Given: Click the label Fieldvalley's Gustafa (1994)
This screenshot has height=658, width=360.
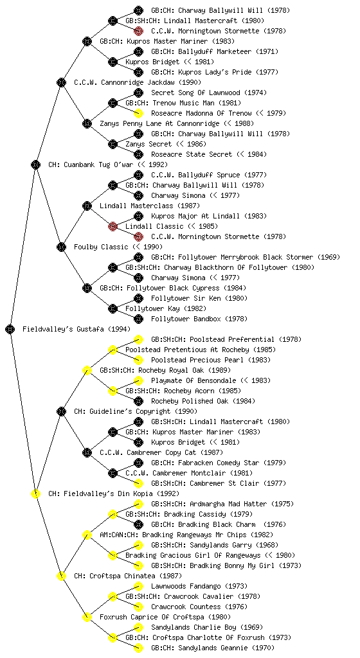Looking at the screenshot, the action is pyautogui.click(x=76, y=330).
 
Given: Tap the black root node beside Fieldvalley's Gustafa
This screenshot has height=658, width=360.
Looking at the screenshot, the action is pyautogui.click(x=10, y=330).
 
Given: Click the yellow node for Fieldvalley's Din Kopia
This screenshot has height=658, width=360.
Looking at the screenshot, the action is pyautogui.click(x=35, y=494).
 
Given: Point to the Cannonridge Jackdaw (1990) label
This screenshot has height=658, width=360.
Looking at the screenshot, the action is pyautogui.click(x=137, y=83).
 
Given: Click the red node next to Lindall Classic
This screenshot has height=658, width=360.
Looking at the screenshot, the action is pyautogui.click(x=113, y=227).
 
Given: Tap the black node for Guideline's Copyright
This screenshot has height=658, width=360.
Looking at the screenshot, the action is pyautogui.click(x=61, y=412).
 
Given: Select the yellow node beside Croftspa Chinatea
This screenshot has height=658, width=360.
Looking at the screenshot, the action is pyautogui.click(x=61, y=576).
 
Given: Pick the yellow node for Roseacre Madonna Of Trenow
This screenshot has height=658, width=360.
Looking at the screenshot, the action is pyautogui.click(x=138, y=113).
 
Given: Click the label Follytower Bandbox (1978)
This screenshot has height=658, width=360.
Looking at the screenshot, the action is pyautogui.click(x=199, y=319).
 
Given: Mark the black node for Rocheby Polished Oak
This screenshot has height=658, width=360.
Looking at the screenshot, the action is pyautogui.click(x=138, y=401).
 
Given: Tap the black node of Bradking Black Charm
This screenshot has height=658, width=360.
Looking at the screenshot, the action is pyautogui.click(x=138, y=524).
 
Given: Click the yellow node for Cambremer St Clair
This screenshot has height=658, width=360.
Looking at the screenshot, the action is pyautogui.click(x=138, y=483).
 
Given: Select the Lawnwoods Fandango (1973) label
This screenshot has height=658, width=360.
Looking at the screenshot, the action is pyautogui.click(x=199, y=586).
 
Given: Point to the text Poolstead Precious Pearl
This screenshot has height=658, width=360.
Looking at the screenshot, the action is pyautogui.click(x=197, y=360).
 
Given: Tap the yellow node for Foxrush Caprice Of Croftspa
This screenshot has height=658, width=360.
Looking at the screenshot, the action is pyautogui.click(x=87, y=618).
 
